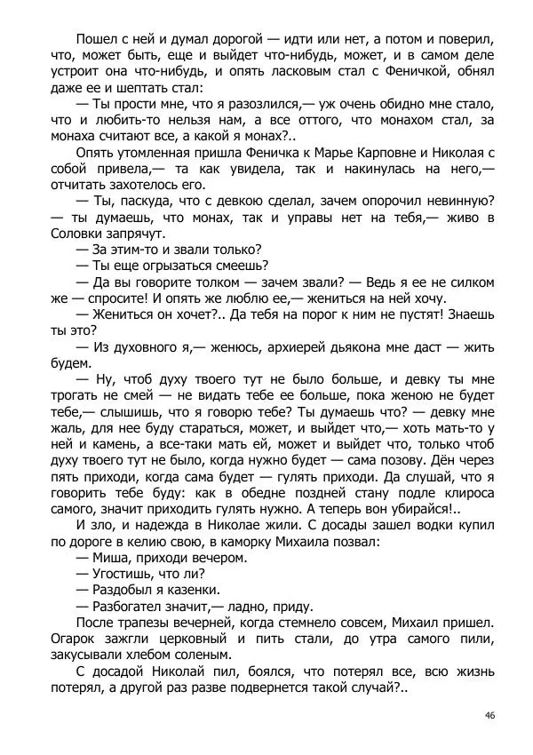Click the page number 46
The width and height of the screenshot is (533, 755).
(490, 715)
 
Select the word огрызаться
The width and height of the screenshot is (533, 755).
(177, 266)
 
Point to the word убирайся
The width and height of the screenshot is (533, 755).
(420, 509)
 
